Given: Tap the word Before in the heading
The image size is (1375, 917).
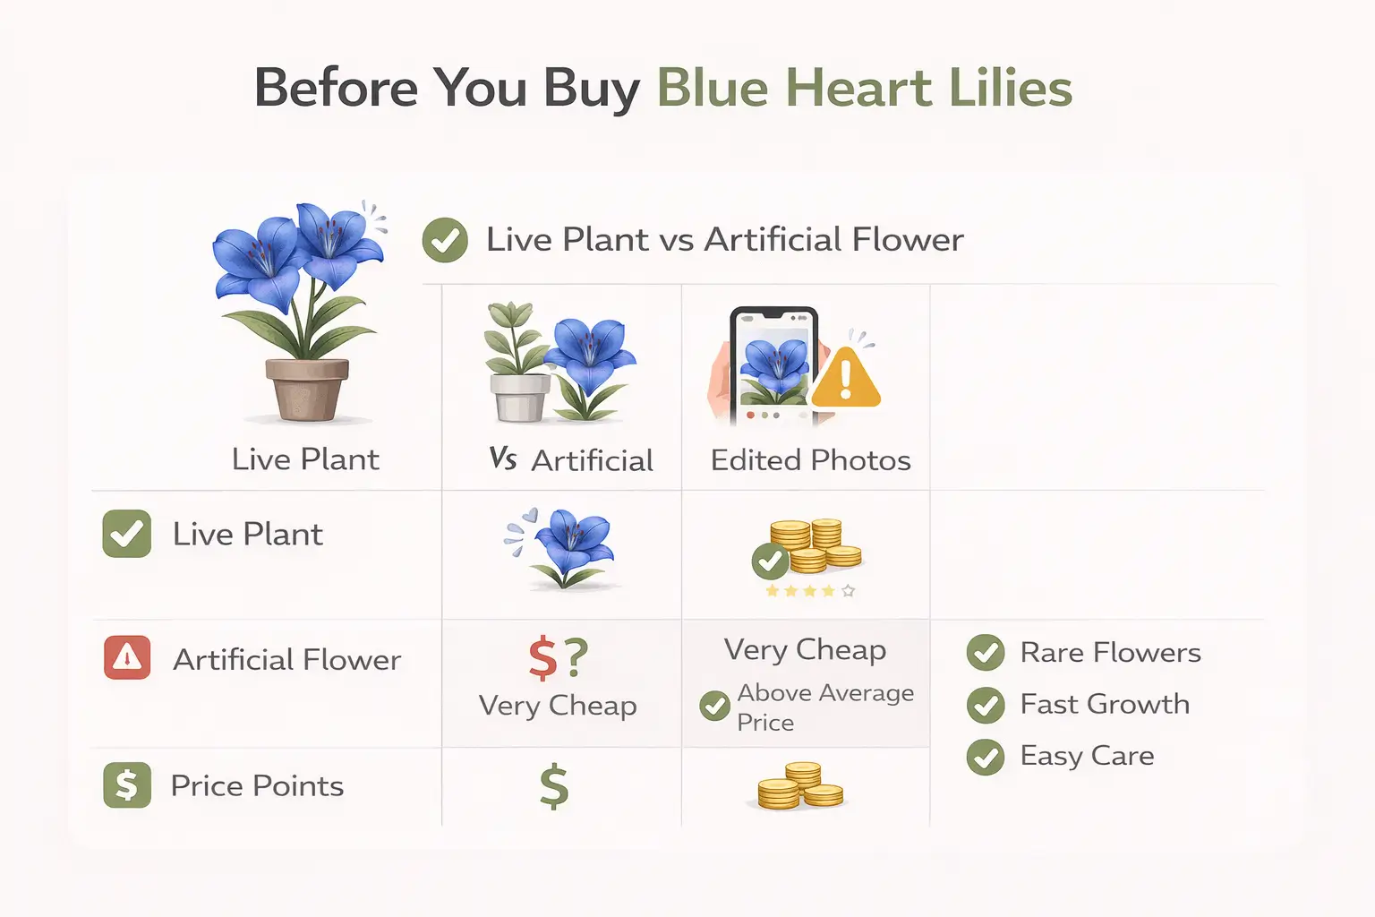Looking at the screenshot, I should (336, 89).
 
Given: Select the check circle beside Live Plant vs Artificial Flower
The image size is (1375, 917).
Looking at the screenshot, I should (445, 240).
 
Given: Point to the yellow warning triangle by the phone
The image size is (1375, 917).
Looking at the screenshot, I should (846, 377).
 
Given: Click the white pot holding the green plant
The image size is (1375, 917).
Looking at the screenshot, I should (520, 397).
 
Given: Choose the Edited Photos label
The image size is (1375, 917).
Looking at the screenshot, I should (810, 460).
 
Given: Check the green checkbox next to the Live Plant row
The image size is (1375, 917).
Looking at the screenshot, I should (126, 534).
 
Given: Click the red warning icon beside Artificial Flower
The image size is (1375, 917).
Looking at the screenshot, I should (127, 658).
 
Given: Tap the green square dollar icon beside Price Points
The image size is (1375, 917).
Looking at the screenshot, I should (126, 785).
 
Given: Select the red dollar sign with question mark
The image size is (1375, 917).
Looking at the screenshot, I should (557, 658).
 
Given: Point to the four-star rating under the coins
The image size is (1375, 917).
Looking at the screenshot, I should (810, 591).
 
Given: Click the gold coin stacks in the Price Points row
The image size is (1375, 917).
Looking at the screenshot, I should (800, 786).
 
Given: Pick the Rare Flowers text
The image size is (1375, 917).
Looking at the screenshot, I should (1110, 652).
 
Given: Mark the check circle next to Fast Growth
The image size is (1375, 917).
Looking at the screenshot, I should (986, 705).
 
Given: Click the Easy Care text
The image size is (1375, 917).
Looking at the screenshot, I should (1087, 756).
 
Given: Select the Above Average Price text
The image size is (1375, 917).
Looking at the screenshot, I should (824, 707).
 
